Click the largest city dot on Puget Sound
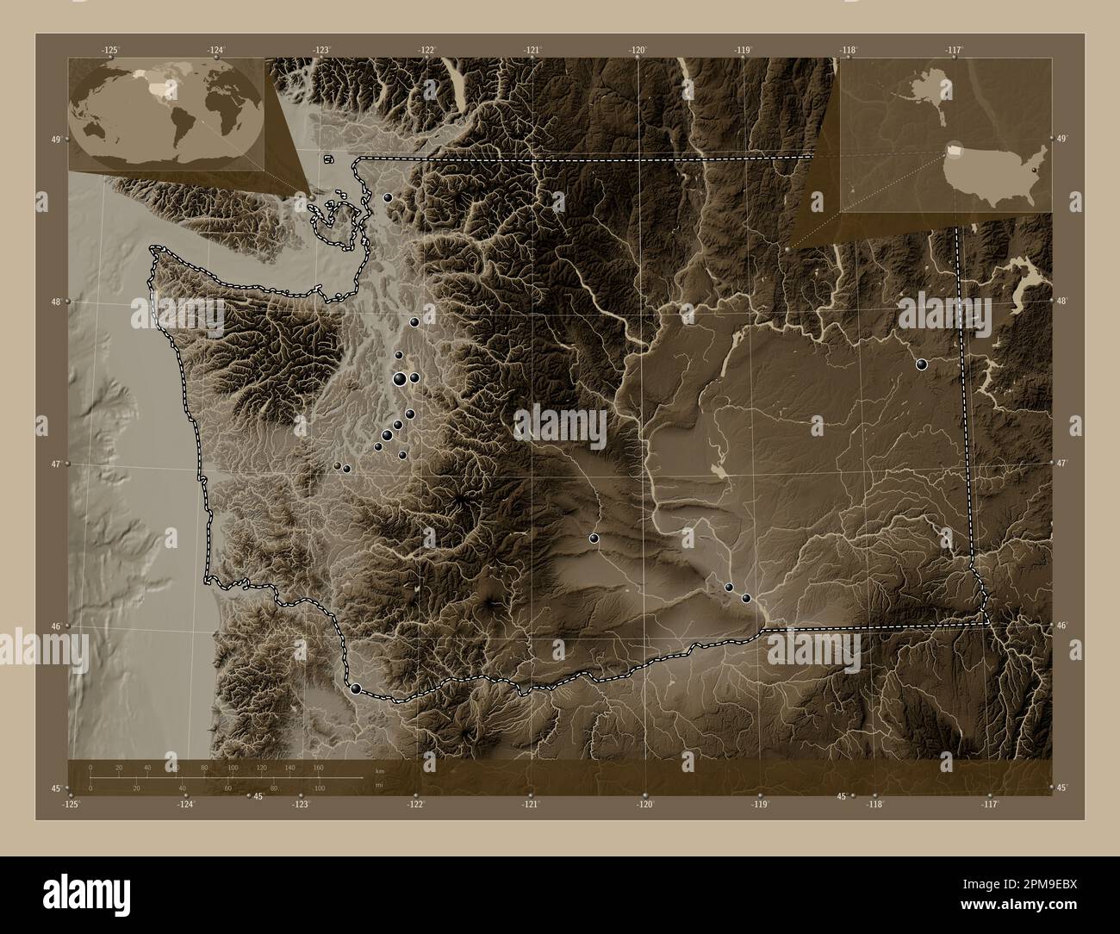pos(400,378)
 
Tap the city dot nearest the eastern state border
pos(922,364)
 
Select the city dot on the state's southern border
pos(356,688)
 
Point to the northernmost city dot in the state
pos(388,197)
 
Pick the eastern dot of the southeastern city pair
pos(746,598)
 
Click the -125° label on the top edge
pos(110,51)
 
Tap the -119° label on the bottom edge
pos(760,804)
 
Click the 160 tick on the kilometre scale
pos(317,767)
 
